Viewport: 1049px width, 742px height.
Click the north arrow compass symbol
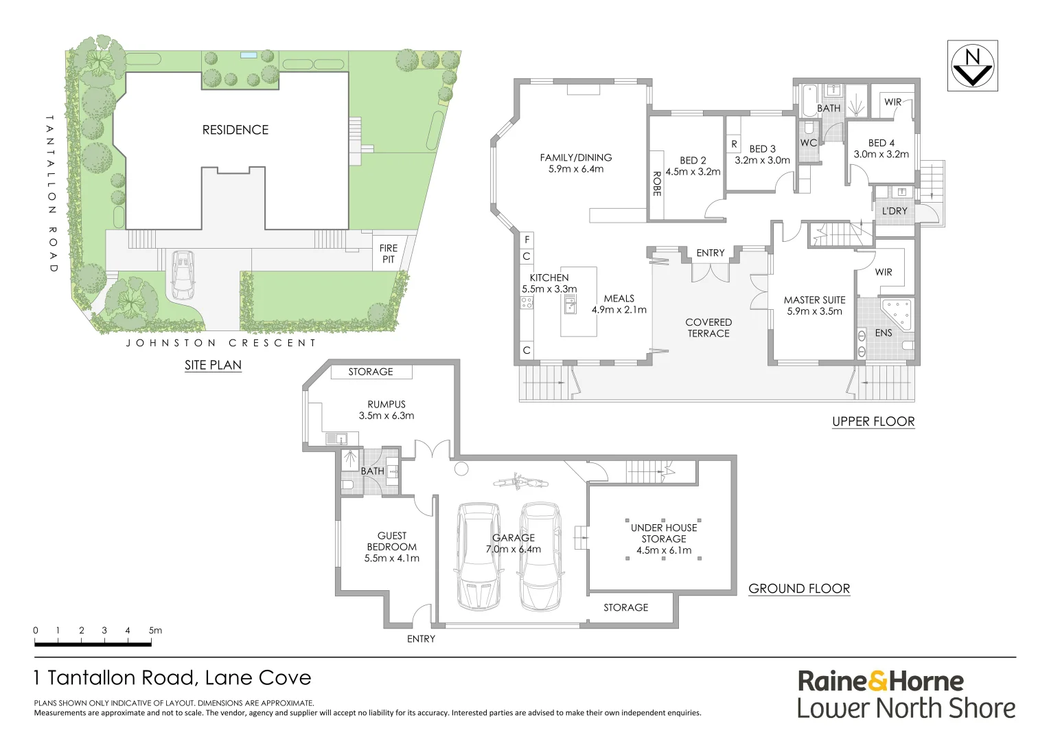coord(972,65)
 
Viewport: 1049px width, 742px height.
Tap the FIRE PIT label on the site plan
coord(388,254)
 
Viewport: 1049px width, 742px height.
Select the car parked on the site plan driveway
coord(183,276)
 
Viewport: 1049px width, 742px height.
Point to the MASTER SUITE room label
coord(814,300)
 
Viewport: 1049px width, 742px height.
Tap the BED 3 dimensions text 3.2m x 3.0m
coord(762,160)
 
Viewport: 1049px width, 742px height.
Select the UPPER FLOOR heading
coord(873,422)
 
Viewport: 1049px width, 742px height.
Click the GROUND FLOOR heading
coord(799,589)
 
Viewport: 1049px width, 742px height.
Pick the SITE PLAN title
coord(213,365)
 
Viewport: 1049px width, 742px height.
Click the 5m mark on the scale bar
coord(155,630)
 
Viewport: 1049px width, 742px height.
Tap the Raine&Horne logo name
coord(880,681)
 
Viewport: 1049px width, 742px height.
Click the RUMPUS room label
coord(386,405)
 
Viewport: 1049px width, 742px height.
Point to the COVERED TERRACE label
coord(708,328)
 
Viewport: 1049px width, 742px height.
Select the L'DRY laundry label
coord(894,211)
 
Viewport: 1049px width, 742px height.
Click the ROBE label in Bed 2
coord(656,184)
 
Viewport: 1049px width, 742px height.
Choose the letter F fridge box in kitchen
coord(527,240)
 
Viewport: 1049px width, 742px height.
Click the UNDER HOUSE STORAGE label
coord(664,533)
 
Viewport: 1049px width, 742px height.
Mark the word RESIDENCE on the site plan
coord(235,130)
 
